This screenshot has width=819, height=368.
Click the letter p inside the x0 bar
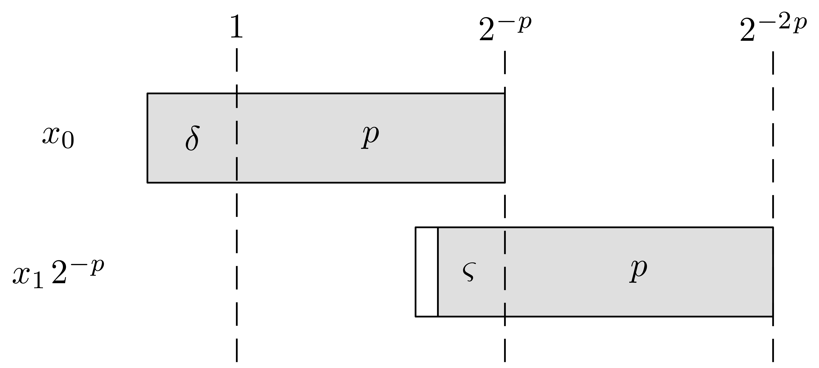point(370,137)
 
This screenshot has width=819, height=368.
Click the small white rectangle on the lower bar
point(427,272)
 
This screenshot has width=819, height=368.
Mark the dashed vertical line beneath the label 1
point(237,205)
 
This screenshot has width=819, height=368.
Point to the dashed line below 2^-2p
point(773,206)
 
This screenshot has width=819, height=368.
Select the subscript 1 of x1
point(38,281)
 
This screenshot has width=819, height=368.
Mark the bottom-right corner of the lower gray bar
point(773,317)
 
